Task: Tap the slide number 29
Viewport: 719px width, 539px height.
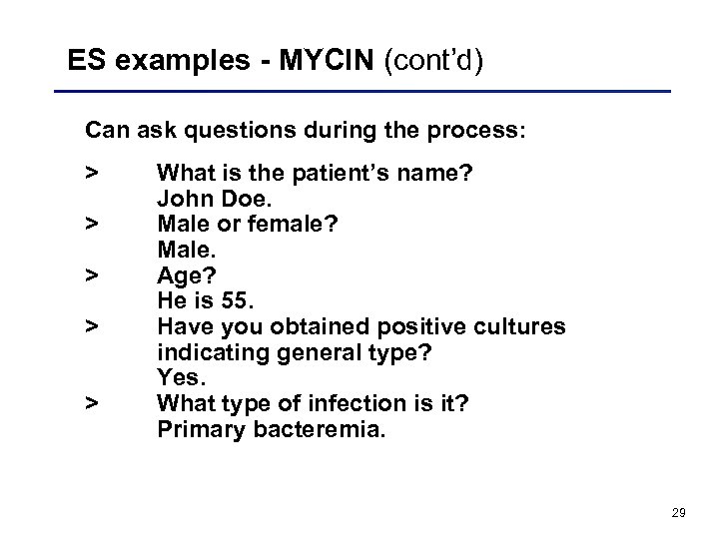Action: (x=678, y=512)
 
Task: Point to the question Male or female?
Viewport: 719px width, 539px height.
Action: (x=248, y=225)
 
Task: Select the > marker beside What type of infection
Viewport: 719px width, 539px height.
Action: (x=92, y=402)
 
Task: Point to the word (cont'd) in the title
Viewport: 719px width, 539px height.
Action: (x=437, y=62)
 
